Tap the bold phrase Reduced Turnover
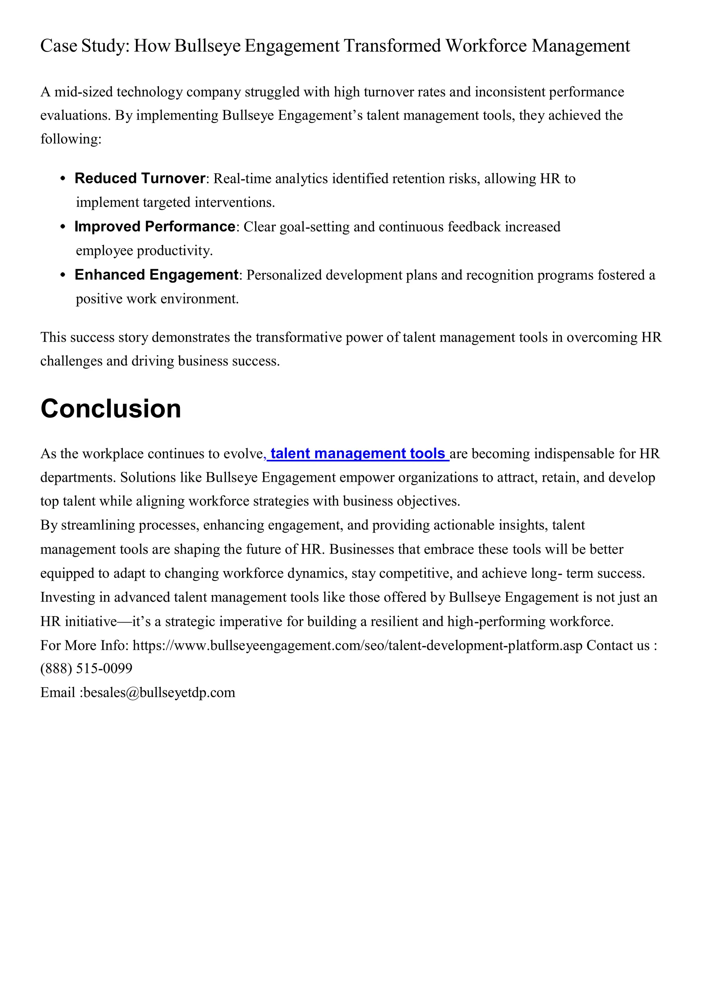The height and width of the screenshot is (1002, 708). pos(140,178)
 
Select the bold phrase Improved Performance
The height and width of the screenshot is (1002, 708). pos(155,227)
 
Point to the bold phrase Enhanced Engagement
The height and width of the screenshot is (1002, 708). pos(156,275)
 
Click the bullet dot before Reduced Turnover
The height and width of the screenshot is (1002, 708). pos(64,179)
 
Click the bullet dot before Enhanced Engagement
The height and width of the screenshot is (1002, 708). pos(64,275)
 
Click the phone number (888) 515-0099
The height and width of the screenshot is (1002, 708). pos(86,669)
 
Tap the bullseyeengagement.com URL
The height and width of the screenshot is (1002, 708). pos(357,645)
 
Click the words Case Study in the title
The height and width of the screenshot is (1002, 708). pos(85,46)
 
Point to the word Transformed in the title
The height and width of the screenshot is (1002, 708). pos(392,46)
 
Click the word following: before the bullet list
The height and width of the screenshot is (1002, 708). pos(71,139)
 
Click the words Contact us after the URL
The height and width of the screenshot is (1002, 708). pos(618,645)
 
